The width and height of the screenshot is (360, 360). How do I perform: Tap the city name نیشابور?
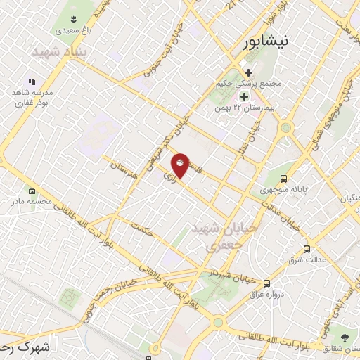tap(264, 42)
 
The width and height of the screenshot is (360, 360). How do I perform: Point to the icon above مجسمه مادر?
tap(32, 191)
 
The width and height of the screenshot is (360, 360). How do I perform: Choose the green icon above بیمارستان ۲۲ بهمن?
tap(245, 96)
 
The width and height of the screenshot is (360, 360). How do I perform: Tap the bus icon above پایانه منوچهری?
tap(283, 179)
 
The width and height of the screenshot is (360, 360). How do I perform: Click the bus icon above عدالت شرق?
tap(306, 249)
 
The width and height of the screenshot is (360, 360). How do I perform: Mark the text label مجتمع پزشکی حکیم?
tap(250, 84)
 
